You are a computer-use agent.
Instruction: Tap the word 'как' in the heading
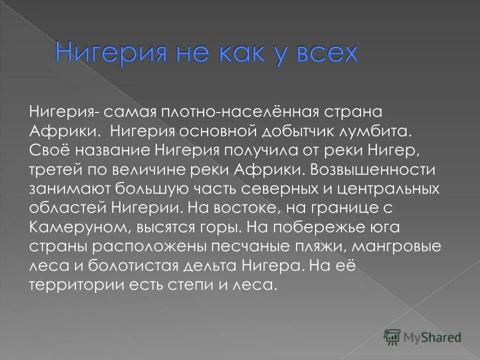pyautogui.click(x=226, y=53)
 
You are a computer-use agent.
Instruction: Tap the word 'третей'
pyautogui.click(x=50, y=169)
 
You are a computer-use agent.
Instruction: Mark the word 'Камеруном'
pyautogui.click(x=80, y=227)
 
